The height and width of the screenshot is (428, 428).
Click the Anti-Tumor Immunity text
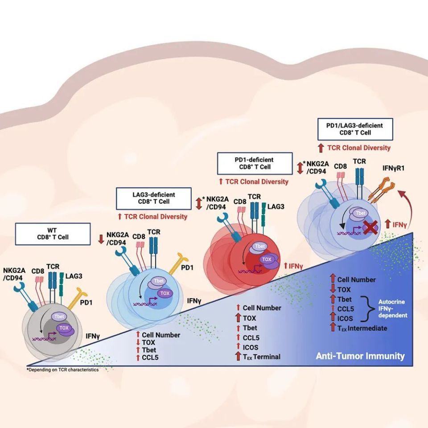360,356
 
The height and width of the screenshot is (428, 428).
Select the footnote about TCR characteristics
62,370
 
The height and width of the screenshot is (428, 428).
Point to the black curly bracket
370,308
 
